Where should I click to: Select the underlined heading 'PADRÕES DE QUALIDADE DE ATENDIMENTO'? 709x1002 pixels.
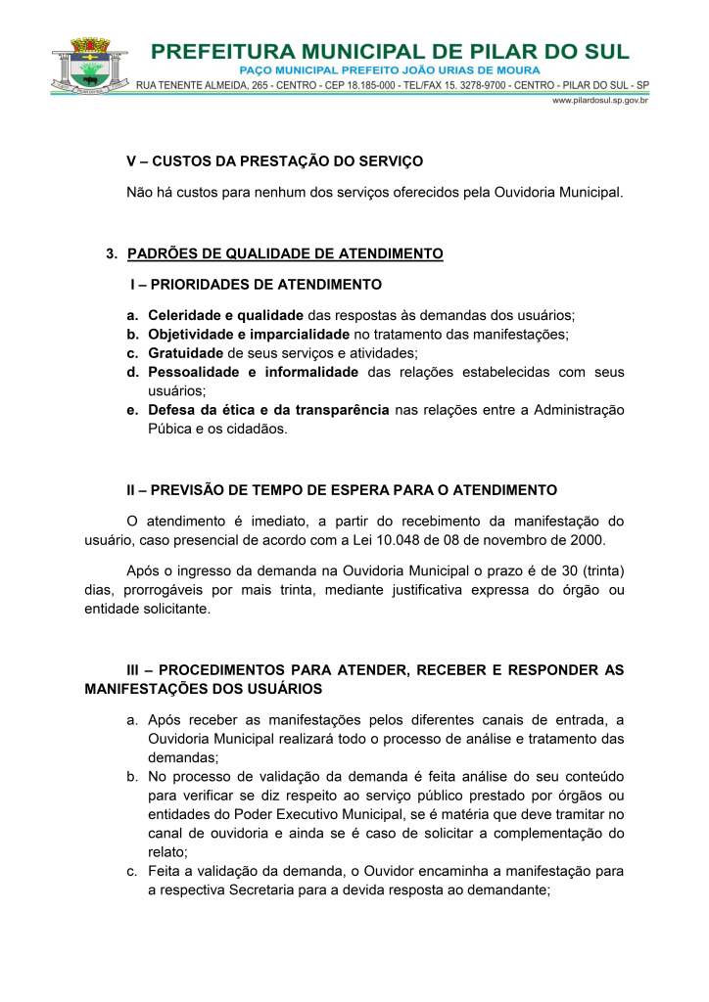click(285, 253)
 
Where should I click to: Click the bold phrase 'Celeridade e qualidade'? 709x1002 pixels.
click(226, 315)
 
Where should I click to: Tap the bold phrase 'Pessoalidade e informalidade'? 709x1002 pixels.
click(253, 372)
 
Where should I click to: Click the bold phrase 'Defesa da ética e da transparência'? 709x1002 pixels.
click(268, 409)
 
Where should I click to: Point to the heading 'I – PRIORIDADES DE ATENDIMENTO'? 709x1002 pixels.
click(256, 285)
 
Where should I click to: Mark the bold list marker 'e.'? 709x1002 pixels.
click(132, 409)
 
